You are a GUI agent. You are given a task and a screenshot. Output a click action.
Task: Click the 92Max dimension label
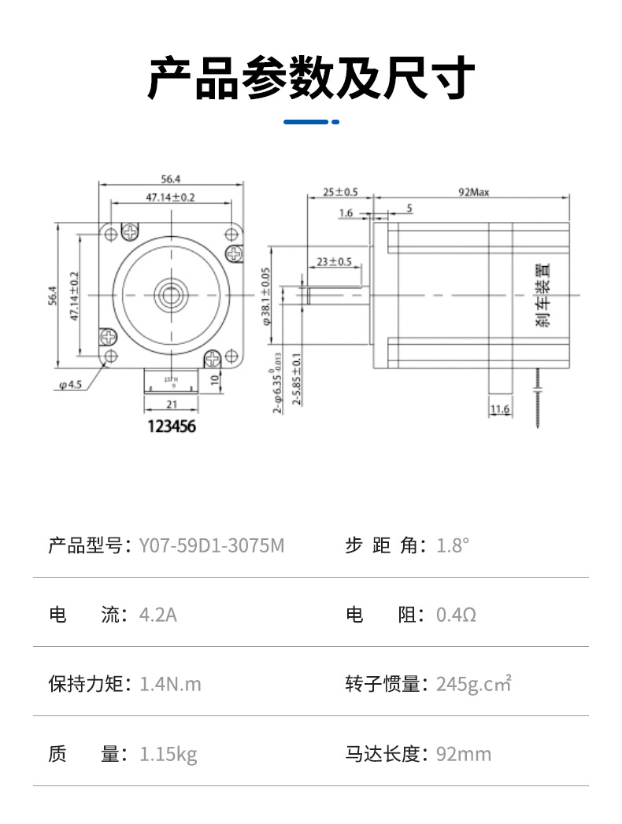[474, 192]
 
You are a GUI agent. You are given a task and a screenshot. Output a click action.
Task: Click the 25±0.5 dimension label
[341, 192]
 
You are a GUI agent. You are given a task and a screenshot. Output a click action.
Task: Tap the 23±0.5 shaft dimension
[334, 262]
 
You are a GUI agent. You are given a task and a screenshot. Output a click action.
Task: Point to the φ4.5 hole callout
[70, 385]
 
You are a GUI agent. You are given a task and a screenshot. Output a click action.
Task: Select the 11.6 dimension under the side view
[500, 409]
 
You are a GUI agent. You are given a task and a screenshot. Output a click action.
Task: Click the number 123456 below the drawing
[171, 427]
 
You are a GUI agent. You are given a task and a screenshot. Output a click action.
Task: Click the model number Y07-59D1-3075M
[211, 545]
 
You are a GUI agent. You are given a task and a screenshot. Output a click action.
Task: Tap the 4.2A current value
[158, 614]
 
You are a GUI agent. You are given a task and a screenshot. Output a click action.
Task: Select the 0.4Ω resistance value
[456, 614]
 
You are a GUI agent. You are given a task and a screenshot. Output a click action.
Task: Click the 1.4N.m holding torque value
[170, 684]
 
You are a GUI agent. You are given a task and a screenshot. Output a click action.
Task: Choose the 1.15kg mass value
[168, 754]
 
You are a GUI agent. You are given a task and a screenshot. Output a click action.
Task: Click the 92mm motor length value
[464, 754]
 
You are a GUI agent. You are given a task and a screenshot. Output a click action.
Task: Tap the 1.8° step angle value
[453, 545]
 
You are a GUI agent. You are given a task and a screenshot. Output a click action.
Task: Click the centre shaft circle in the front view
[170, 295]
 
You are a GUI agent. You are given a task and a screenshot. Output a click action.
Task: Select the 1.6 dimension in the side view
[346, 213]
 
